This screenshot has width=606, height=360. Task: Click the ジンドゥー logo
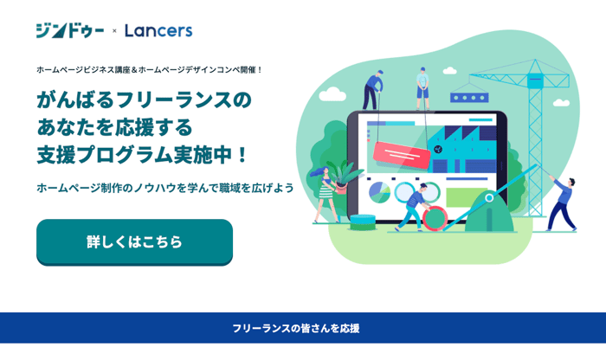pyautogui.click(x=69, y=30)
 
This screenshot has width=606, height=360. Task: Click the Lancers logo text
pyautogui.click(x=158, y=30)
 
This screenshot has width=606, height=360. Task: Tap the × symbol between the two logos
pyautogui.click(x=114, y=31)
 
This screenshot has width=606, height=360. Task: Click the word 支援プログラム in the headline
pyautogui.click(x=121, y=156)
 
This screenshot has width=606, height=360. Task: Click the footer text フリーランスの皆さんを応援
pyautogui.click(x=295, y=329)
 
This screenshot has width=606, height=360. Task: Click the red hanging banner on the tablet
pyautogui.click(x=401, y=153)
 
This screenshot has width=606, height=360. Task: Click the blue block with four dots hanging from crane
pyautogui.click(x=468, y=98)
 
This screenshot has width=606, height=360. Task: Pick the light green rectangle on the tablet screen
pyautogui.click(x=462, y=196)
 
